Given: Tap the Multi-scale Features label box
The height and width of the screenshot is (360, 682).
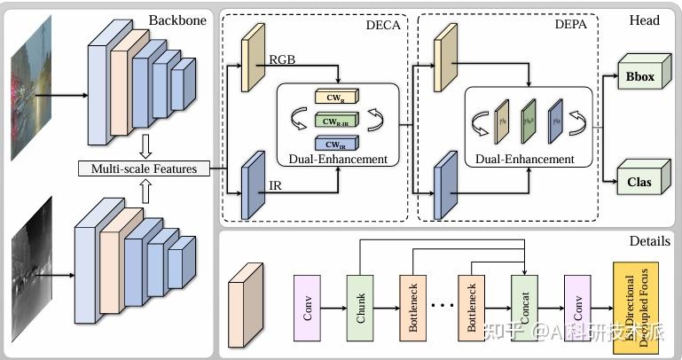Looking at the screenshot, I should (x=143, y=168).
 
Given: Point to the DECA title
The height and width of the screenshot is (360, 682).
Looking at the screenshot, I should (x=383, y=24).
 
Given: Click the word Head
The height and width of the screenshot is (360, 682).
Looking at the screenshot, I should (x=644, y=20).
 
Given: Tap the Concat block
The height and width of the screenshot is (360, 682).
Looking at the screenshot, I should (x=524, y=309).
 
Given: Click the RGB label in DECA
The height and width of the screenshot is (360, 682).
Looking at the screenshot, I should (x=283, y=59).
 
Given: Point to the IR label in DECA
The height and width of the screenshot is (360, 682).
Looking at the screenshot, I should (x=276, y=185).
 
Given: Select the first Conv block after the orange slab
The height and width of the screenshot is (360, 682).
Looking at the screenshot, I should (x=307, y=309).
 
